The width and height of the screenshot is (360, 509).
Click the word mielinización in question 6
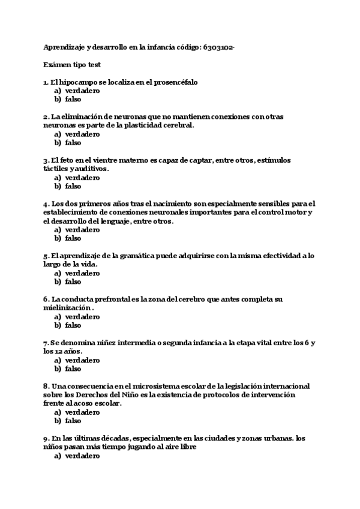(67, 307)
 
